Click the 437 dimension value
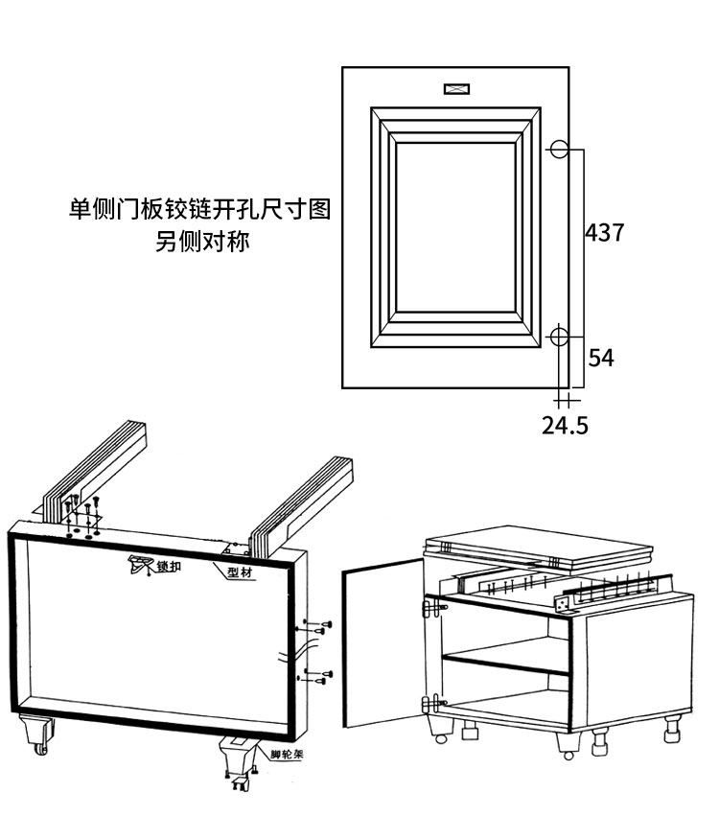[605, 232]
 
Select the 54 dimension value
[601, 358]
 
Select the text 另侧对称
[202, 242]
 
